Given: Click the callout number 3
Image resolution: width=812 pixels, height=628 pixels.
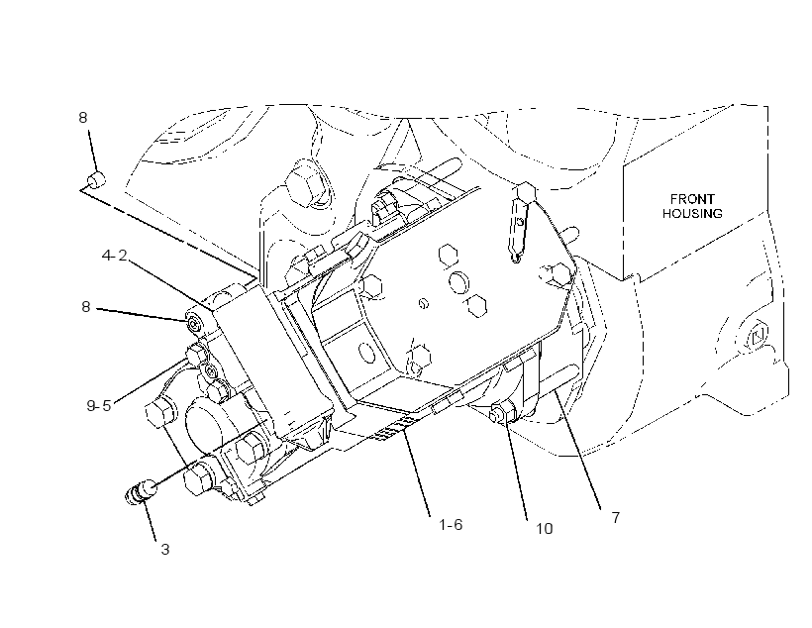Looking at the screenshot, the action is click(165, 549).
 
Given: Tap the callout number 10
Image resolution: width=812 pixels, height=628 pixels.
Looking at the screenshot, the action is click(545, 529).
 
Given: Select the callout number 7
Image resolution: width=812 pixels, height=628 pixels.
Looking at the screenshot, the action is click(615, 518).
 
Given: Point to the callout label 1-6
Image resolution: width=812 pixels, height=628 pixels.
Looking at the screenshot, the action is click(451, 525).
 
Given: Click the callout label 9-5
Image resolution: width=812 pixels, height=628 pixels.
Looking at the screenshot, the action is click(99, 405).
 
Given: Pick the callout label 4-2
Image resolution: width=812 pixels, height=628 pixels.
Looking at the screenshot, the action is click(115, 255).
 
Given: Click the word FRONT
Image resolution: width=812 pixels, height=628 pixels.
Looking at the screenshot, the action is click(692, 199).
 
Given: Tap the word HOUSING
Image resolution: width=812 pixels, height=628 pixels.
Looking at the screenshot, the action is click(692, 213).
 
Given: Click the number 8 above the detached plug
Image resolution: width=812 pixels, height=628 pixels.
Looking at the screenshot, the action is click(83, 118).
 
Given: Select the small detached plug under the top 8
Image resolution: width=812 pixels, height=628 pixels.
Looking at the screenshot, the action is click(96, 180).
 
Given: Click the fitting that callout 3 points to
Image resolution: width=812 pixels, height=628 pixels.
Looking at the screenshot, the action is click(142, 490).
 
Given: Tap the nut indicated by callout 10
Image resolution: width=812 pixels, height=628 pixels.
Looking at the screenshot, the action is click(502, 412).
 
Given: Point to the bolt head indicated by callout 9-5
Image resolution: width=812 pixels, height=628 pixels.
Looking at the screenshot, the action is click(197, 355).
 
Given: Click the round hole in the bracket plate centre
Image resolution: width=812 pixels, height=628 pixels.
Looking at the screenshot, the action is click(459, 282).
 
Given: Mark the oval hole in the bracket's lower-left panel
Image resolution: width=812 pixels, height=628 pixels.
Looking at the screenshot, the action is click(367, 353).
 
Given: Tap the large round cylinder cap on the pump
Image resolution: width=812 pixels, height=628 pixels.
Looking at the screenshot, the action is click(211, 423).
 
